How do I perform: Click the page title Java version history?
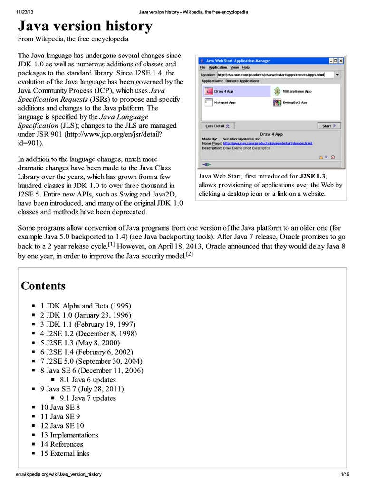tap(85, 26)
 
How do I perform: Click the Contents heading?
tap(43, 286)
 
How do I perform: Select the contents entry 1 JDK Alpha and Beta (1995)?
tap(86, 306)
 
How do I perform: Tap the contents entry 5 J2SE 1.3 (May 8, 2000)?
tap(80, 343)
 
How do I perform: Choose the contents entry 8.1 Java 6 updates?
tap(88, 380)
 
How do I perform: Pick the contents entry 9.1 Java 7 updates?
tap(88, 398)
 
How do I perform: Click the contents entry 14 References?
tap(61, 444)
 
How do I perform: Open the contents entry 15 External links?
tap(65, 453)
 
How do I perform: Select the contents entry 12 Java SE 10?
tap(62, 426)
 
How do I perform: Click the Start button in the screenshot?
tap(329, 126)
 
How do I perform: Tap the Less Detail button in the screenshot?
tap(217, 126)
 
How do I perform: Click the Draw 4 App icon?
tap(208, 91)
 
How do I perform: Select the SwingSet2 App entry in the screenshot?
tap(277, 102)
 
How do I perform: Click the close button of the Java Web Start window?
tap(340, 61)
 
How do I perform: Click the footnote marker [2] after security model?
tap(189, 254)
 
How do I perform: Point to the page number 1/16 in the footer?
tap(345, 474)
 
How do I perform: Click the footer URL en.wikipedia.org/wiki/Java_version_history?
tap(58, 474)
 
